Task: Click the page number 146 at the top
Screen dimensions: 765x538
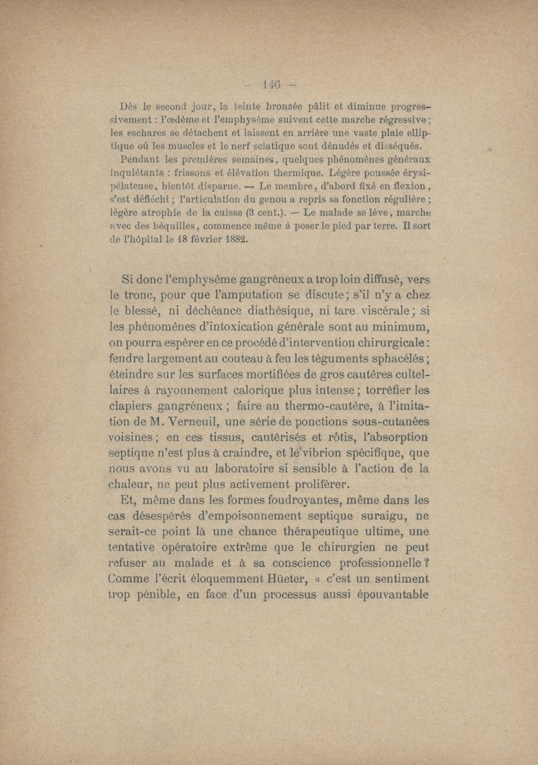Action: (271, 85)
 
